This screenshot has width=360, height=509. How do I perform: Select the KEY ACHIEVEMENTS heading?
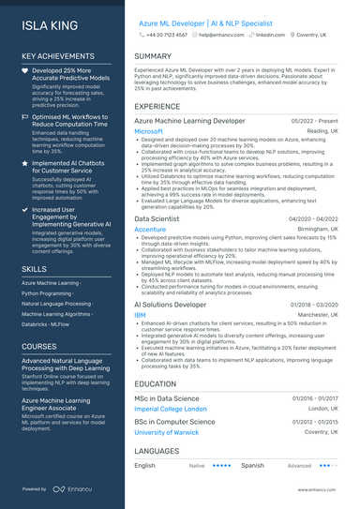[58, 55]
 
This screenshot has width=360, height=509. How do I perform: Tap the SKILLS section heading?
[34, 269]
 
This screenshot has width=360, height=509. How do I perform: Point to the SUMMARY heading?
[153, 56]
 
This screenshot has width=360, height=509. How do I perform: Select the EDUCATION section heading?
[155, 384]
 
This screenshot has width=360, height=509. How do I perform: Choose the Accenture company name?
[150, 229]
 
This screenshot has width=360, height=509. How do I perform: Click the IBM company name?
[140, 315]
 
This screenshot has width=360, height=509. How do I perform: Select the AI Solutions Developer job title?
[170, 305]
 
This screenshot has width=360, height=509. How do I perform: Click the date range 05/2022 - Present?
[315, 121]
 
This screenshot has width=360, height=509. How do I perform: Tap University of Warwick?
[168, 432]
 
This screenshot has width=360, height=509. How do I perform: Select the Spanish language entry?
[252, 465]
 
